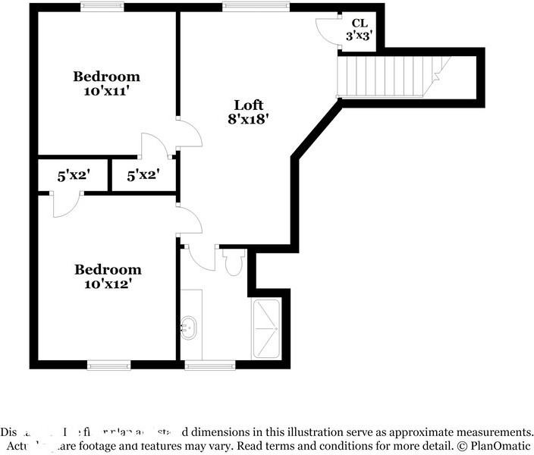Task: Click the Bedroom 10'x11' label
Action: [106, 83]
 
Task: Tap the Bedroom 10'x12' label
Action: [107, 277]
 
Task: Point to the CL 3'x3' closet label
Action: [359, 30]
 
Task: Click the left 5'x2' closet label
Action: [74, 175]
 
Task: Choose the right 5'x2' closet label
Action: [143, 175]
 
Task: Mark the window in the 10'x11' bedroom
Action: [102, 8]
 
